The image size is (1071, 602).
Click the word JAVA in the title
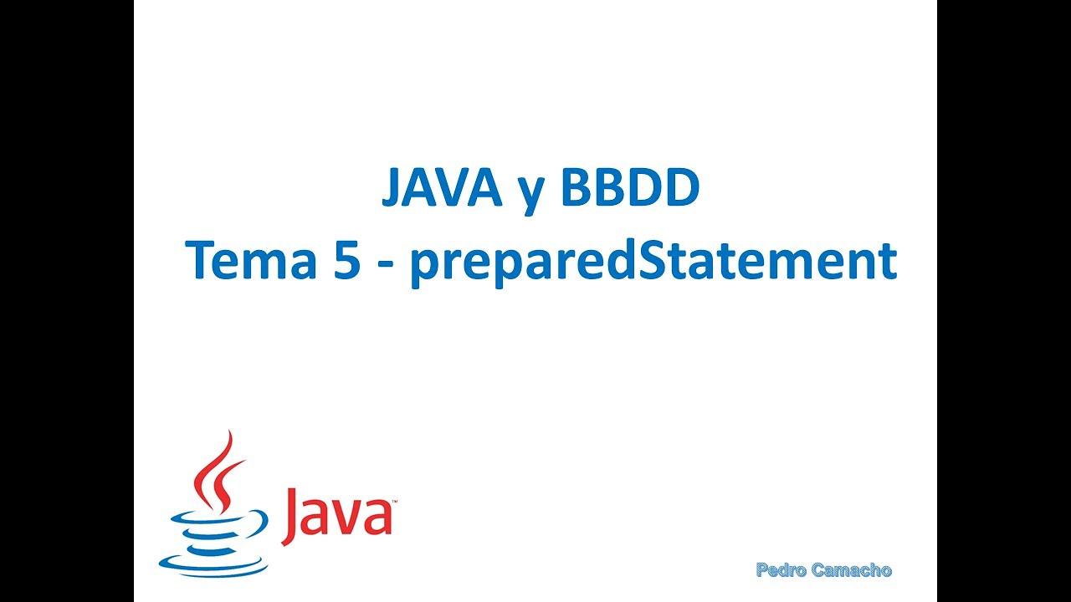point(442,189)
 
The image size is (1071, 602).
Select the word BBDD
point(629,189)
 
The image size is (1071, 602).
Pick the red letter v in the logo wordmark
point(348,520)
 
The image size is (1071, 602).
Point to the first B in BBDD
point(576,189)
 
